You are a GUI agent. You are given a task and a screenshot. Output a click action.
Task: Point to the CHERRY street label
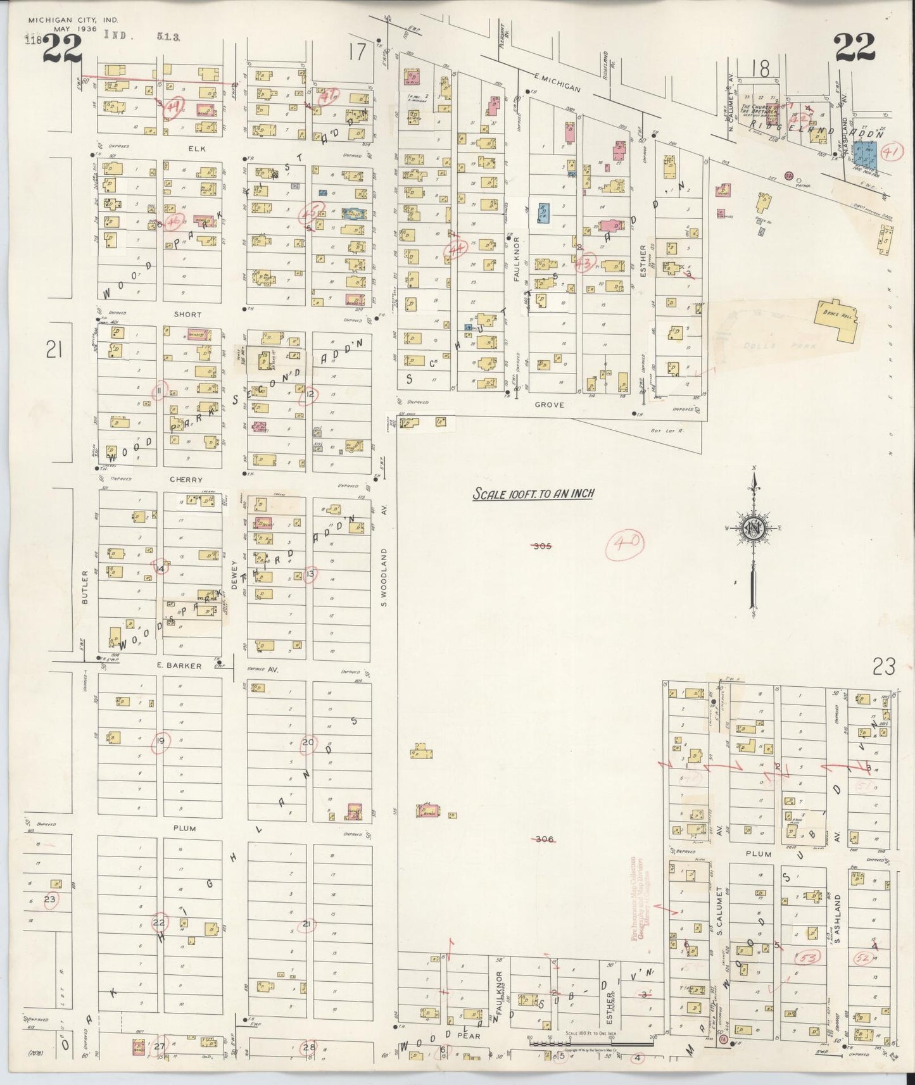click(x=186, y=480)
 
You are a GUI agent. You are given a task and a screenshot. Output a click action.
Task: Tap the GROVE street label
click(x=548, y=404)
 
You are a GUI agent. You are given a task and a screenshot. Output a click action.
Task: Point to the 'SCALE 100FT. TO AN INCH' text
click(x=533, y=494)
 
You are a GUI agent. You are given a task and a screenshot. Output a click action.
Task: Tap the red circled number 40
click(x=624, y=542)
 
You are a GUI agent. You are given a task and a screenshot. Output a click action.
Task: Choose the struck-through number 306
click(x=544, y=839)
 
